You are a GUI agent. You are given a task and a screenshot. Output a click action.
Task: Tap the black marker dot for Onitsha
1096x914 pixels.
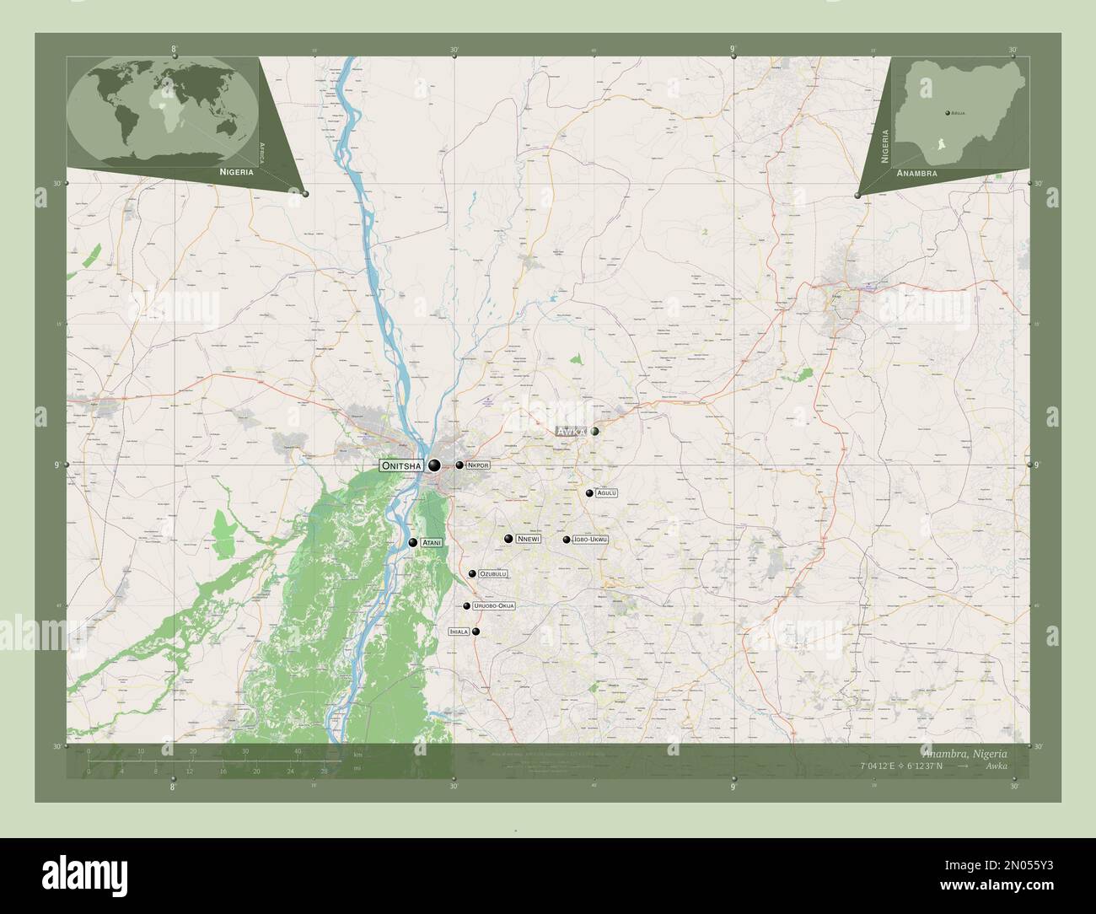434,465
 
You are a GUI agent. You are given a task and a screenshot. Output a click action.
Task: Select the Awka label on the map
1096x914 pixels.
572,432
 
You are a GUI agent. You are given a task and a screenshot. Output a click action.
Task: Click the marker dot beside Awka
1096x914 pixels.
595,431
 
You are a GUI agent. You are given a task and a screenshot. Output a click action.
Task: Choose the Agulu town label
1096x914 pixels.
607,493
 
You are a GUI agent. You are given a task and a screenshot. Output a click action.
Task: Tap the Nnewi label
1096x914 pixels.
529,539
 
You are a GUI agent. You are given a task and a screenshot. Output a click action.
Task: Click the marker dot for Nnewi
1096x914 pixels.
508,539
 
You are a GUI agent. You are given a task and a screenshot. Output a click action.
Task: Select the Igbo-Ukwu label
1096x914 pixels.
590,539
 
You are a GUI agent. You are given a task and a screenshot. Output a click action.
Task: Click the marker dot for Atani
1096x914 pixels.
413,543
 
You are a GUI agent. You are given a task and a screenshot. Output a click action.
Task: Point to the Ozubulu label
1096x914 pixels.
493,574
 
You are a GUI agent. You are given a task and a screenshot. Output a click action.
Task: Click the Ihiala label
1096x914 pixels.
459,632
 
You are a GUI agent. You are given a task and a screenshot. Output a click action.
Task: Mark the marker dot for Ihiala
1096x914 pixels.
476,632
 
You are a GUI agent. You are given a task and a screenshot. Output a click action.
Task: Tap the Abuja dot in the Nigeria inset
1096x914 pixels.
947,111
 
